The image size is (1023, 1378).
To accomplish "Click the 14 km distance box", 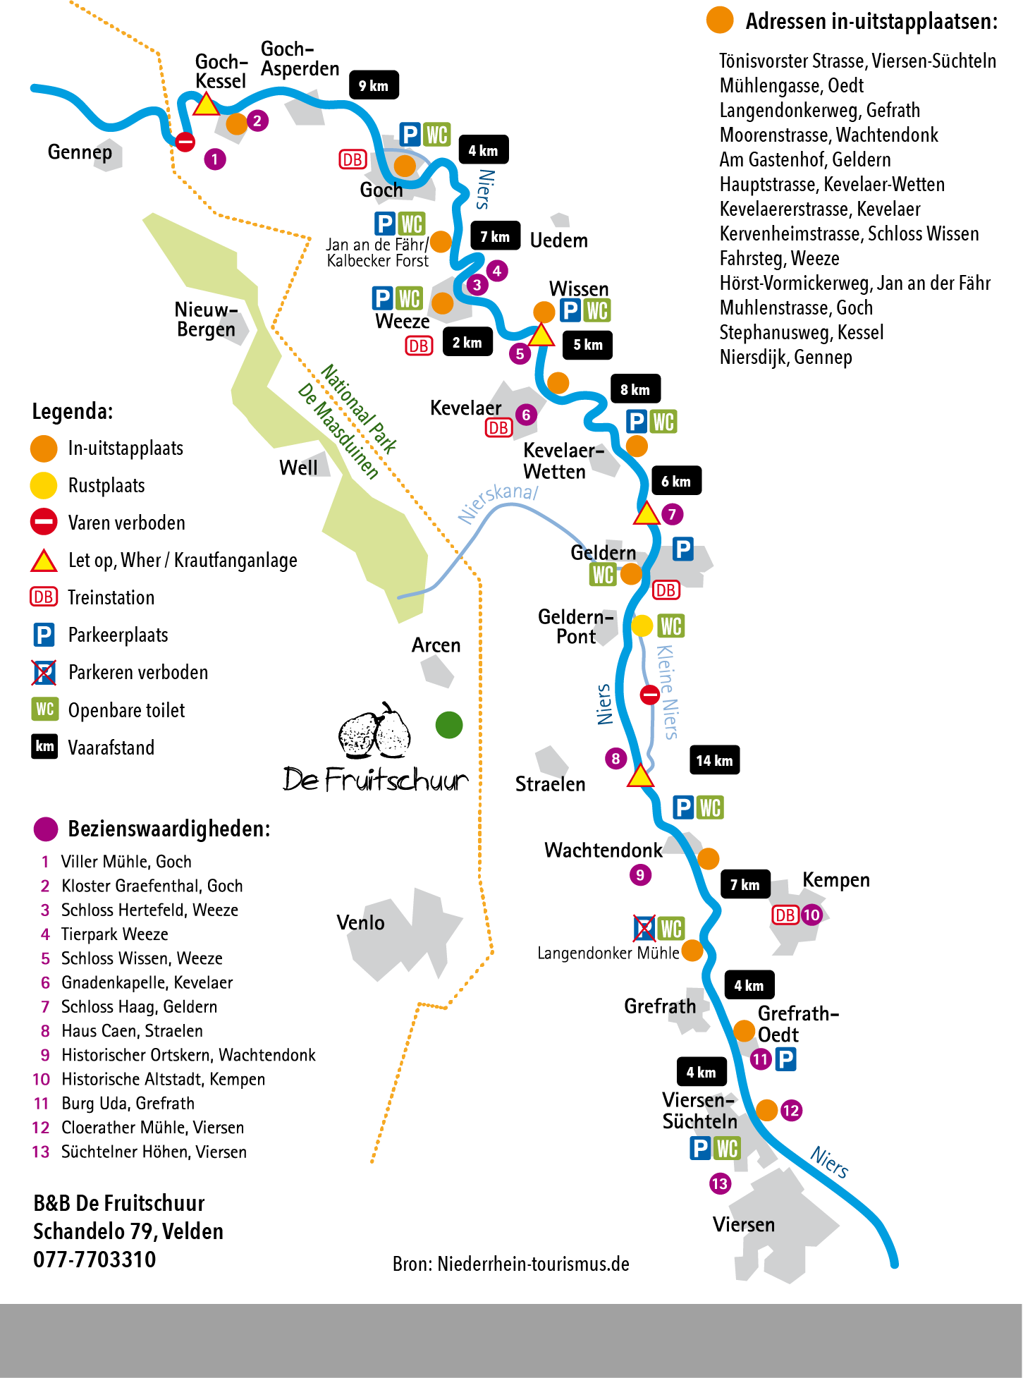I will (714, 760).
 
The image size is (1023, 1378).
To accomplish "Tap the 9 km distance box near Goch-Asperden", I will (374, 85).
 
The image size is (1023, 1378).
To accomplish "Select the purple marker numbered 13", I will (720, 1183).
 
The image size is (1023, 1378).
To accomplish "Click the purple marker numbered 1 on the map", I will (215, 159).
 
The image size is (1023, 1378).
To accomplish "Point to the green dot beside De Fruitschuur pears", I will (449, 724).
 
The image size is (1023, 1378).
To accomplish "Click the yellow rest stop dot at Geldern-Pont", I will (642, 626).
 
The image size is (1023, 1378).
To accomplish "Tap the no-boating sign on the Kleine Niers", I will (649, 695).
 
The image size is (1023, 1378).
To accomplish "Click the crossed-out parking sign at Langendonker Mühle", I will (644, 928).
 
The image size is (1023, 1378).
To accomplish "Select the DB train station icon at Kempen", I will (785, 915).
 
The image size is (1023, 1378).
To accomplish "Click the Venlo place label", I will (360, 922).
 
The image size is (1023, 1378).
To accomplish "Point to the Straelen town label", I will (550, 784).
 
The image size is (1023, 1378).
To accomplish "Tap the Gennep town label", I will (80, 152).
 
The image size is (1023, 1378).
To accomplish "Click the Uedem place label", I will (558, 240).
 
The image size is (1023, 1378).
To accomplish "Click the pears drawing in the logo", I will (375, 731).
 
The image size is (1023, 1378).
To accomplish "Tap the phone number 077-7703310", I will (94, 1259).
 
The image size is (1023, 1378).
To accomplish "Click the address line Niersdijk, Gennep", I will (785, 357).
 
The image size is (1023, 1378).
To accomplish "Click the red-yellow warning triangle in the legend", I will (44, 561).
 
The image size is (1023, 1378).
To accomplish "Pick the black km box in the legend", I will (44, 747).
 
